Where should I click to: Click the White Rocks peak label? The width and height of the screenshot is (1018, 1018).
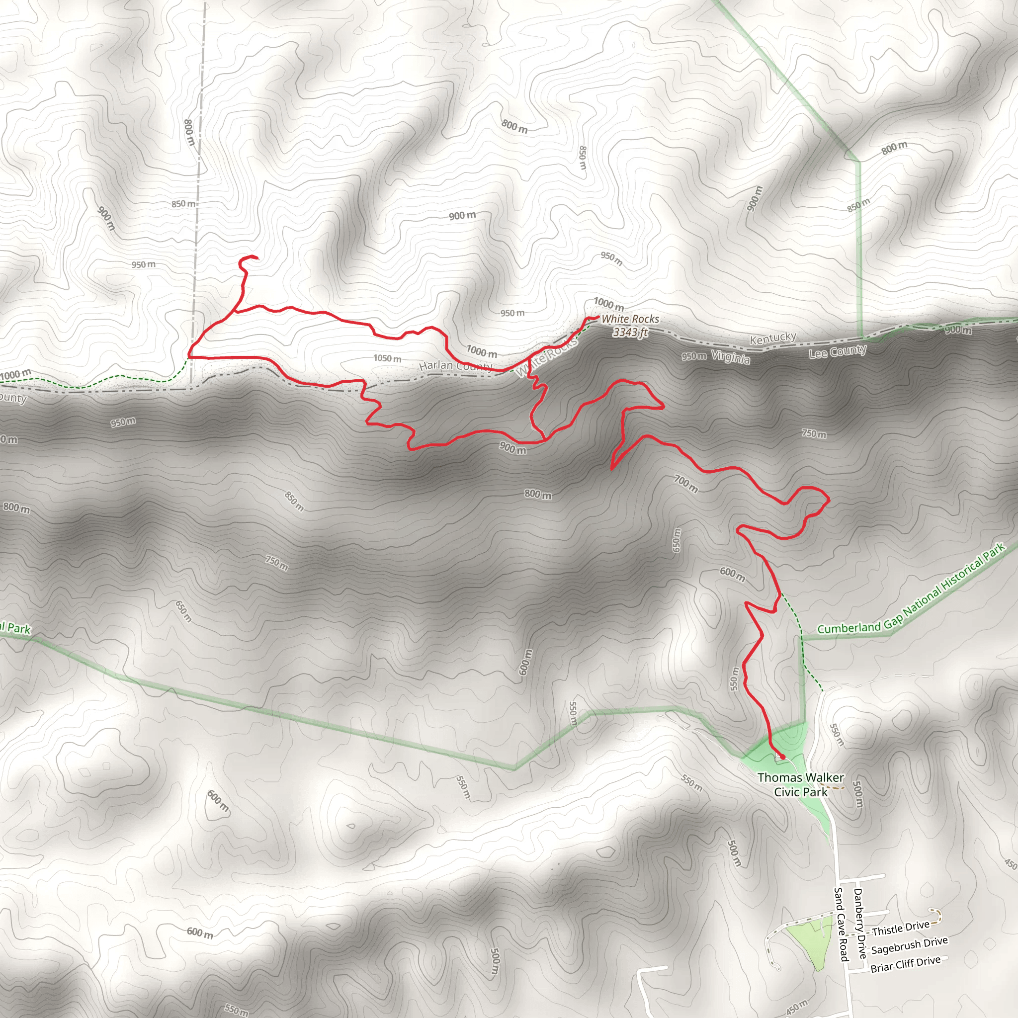click(630, 319)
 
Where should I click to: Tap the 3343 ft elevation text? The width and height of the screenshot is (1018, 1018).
click(630, 332)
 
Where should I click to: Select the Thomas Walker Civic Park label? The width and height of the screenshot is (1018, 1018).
click(800, 784)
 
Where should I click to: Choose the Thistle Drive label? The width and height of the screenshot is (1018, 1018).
click(901, 929)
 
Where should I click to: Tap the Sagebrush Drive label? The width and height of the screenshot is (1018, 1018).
click(909, 945)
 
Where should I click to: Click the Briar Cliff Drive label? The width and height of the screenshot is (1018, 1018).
click(905, 964)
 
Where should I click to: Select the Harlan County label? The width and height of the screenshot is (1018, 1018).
click(456, 366)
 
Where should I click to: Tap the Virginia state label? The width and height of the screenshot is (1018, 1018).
click(730, 357)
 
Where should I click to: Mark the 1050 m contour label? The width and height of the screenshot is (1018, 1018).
click(387, 358)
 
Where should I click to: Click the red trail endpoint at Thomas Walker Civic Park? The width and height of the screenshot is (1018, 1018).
click(782, 757)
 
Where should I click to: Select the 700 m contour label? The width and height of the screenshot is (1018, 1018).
click(685, 484)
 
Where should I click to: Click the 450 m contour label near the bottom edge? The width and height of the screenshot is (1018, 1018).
click(796, 1007)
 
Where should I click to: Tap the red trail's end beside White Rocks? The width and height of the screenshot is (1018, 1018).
click(598, 317)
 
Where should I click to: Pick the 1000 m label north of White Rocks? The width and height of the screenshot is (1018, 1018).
click(608, 304)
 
